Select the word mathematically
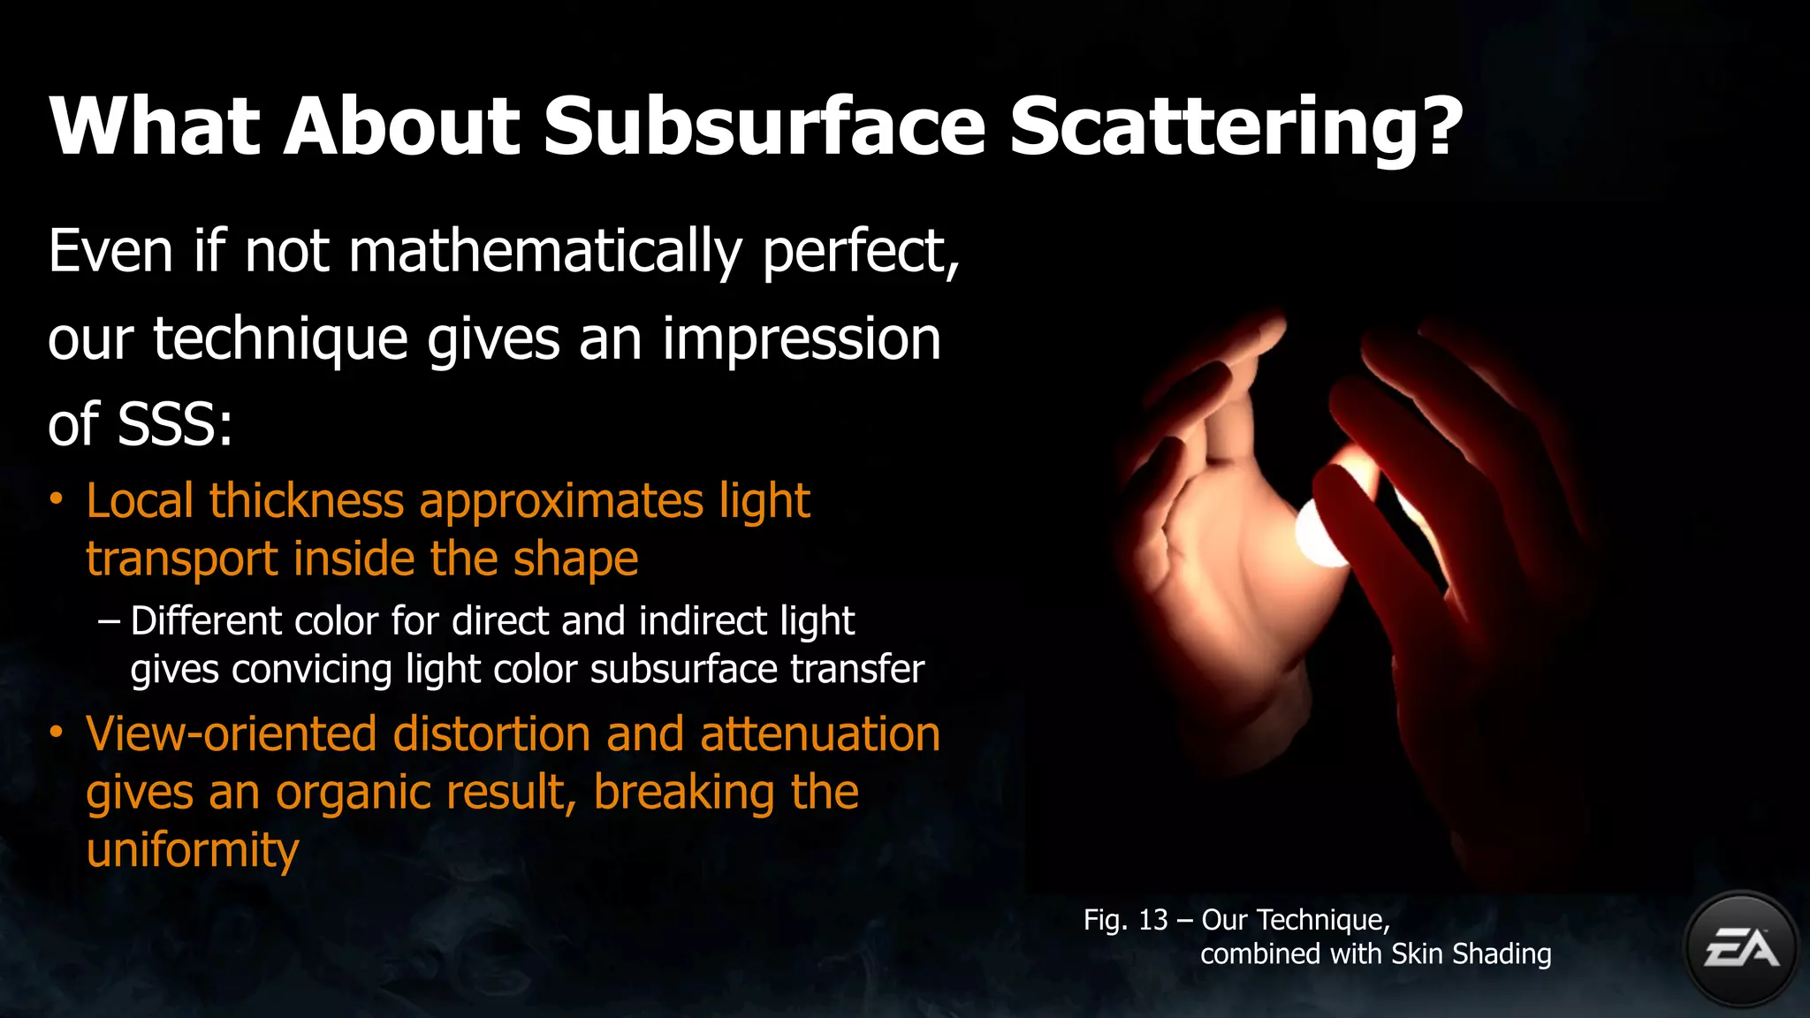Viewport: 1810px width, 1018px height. [x=545, y=253]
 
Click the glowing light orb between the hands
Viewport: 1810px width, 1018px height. [x=1323, y=533]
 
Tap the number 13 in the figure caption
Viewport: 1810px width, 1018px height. [x=1152, y=920]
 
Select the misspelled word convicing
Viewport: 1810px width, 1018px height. [x=311, y=670]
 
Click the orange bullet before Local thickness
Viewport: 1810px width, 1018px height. [x=57, y=500]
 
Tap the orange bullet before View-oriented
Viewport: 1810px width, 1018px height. [x=57, y=733]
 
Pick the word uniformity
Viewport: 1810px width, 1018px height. [x=193, y=850]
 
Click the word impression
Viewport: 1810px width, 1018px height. [x=802, y=339]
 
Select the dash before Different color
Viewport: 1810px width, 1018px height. [x=110, y=620]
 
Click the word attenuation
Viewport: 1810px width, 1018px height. [x=820, y=734]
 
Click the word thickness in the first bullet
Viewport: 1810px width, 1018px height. [x=307, y=501]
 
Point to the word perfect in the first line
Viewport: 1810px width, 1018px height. [x=858, y=253]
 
